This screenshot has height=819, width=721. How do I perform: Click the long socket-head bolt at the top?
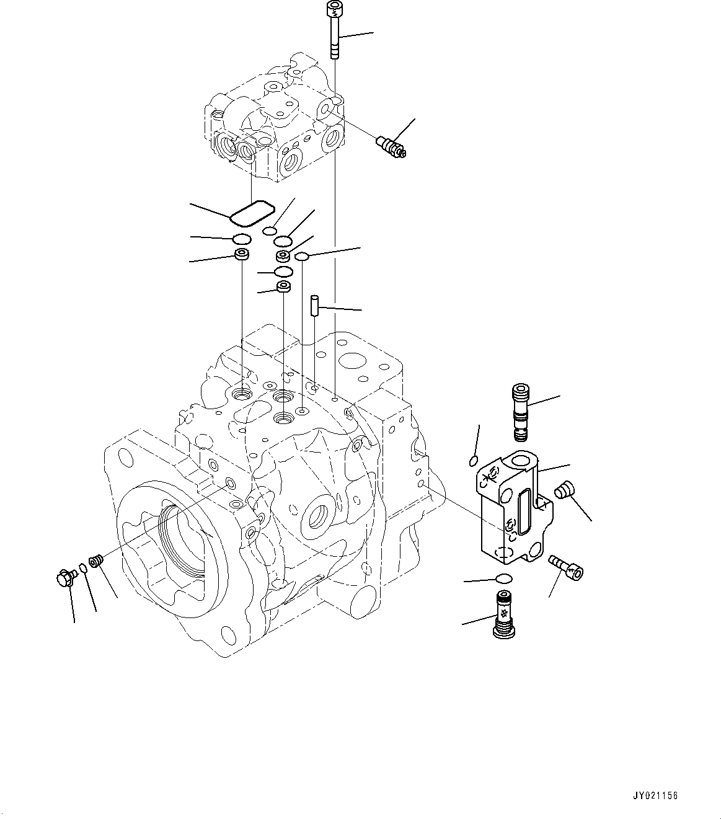[x=334, y=31]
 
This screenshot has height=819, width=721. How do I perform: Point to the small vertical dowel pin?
[x=314, y=306]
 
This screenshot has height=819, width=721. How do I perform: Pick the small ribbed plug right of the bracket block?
[x=563, y=490]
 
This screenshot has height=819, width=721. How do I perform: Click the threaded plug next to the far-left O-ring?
[x=95, y=561]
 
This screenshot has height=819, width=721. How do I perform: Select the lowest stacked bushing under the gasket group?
[x=284, y=287]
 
